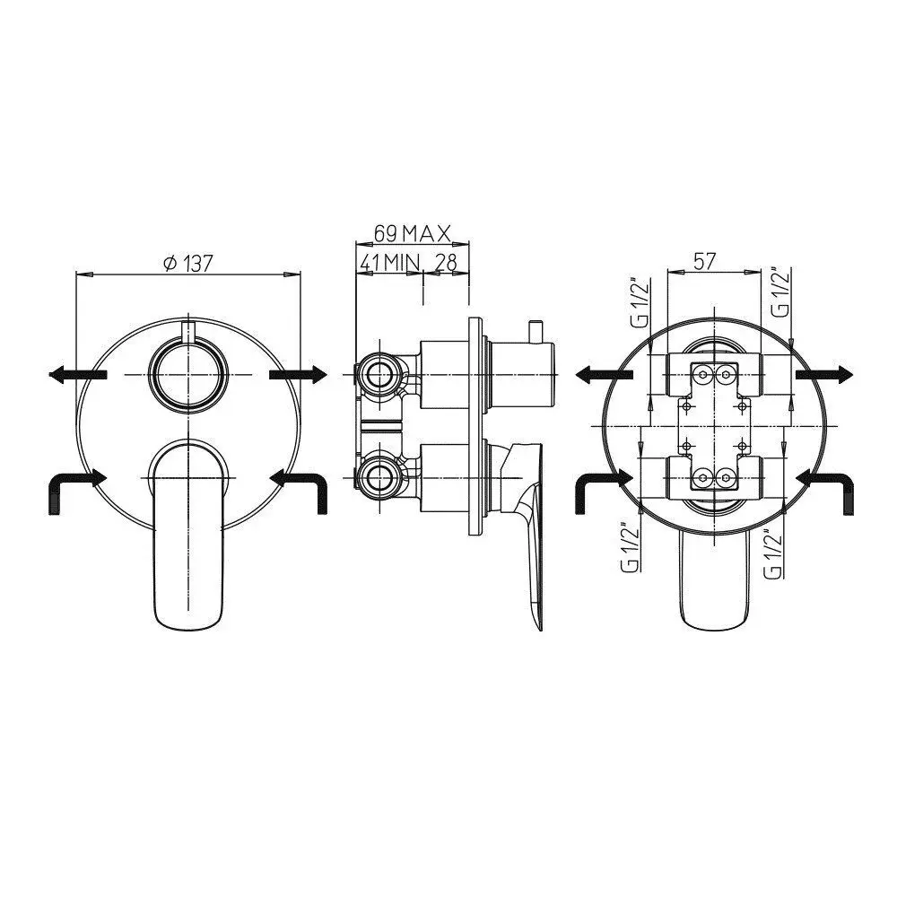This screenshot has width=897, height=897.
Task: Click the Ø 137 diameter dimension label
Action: (x=187, y=263)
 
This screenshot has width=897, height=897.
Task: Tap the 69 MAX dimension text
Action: (x=413, y=233)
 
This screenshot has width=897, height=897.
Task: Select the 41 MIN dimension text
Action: (x=389, y=263)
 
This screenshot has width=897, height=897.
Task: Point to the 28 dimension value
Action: (x=446, y=263)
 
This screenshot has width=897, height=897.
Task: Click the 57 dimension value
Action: (x=704, y=261)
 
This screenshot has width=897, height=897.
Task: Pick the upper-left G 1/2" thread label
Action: (x=640, y=304)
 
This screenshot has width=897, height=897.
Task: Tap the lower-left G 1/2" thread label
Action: (x=630, y=546)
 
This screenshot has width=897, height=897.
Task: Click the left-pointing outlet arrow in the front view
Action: (x=78, y=375)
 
